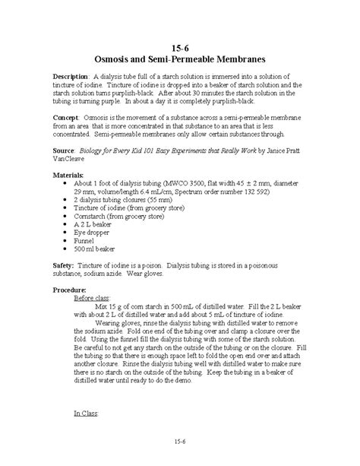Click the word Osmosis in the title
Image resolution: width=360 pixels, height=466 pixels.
pos(112,57)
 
